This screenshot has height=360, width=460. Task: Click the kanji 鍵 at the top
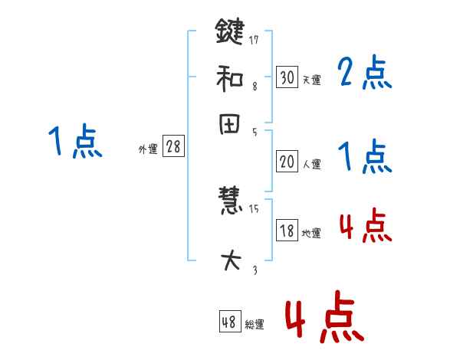[x=229, y=33]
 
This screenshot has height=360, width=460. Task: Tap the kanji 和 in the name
[x=229, y=78]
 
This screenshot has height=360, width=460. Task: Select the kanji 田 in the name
[x=229, y=125]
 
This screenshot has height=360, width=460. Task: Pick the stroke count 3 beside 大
[x=255, y=270]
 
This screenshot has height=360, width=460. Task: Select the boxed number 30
[x=287, y=77]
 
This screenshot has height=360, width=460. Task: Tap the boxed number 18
[x=287, y=231]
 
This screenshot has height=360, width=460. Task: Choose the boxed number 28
[x=173, y=147]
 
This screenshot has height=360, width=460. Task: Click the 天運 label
[x=311, y=80]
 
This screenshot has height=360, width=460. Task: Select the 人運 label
[x=311, y=164]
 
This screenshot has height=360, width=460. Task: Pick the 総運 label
[x=254, y=325]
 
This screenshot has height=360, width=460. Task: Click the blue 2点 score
[x=364, y=73]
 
